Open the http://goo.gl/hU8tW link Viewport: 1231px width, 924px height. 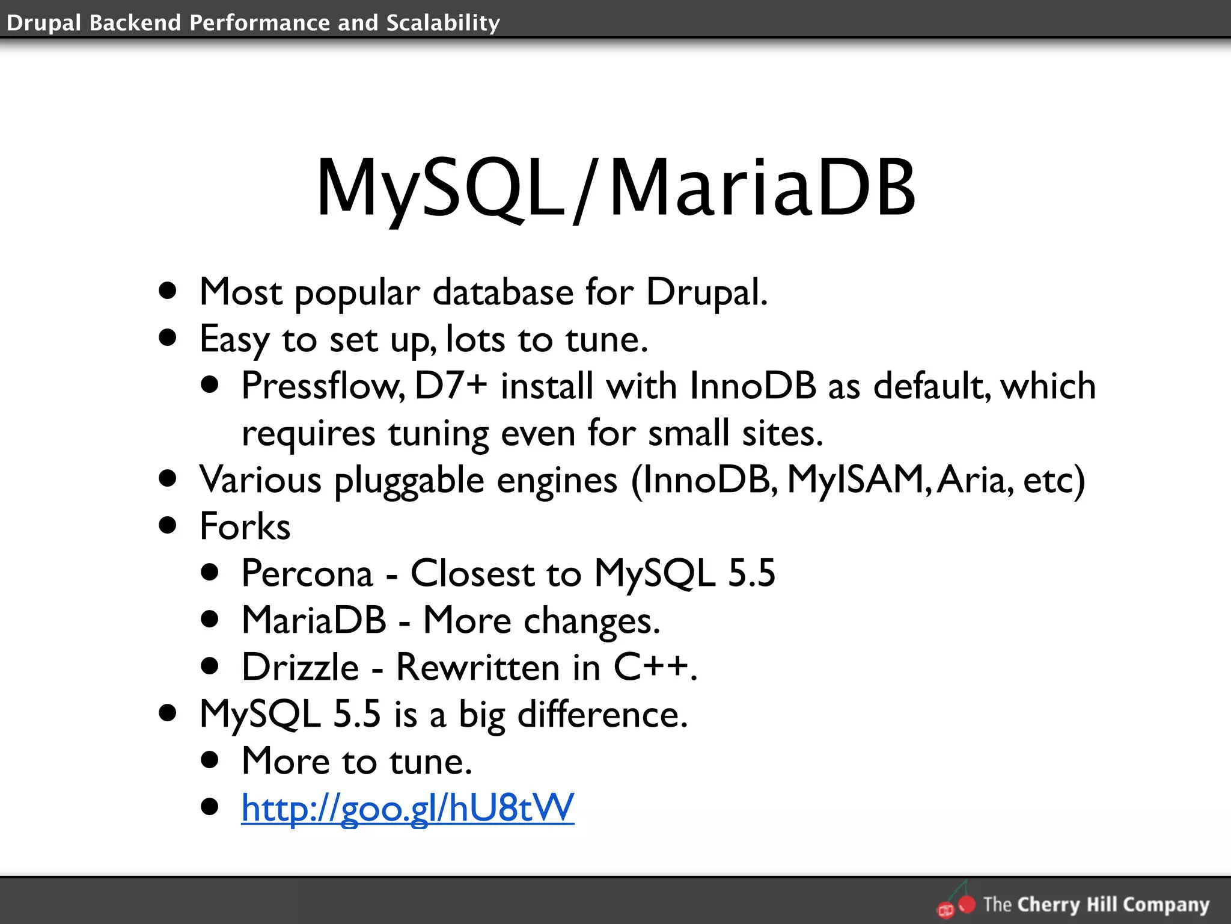pyautogui.click(x=408, y=808)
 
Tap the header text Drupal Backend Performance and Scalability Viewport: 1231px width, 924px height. pyautogui.click(x=253, y=23)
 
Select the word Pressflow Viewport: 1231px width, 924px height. pyautogui.click(x=323, y=386)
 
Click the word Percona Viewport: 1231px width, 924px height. pyautogui.click(x=307, y=573)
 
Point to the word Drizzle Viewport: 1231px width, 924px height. pyautogui.click(x=300, y=667)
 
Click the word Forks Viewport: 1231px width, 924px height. pyautogui.click(x=245, y=526)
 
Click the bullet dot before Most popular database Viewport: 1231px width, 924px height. pyautogui.click(x=168, y=292)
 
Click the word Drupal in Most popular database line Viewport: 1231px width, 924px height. pyautogui.click(x=706, y=293)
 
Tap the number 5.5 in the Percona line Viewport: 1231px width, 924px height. pyautogui.click(x=751, y=573)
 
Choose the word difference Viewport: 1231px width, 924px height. pyautogui.click(x=602, y=715)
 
